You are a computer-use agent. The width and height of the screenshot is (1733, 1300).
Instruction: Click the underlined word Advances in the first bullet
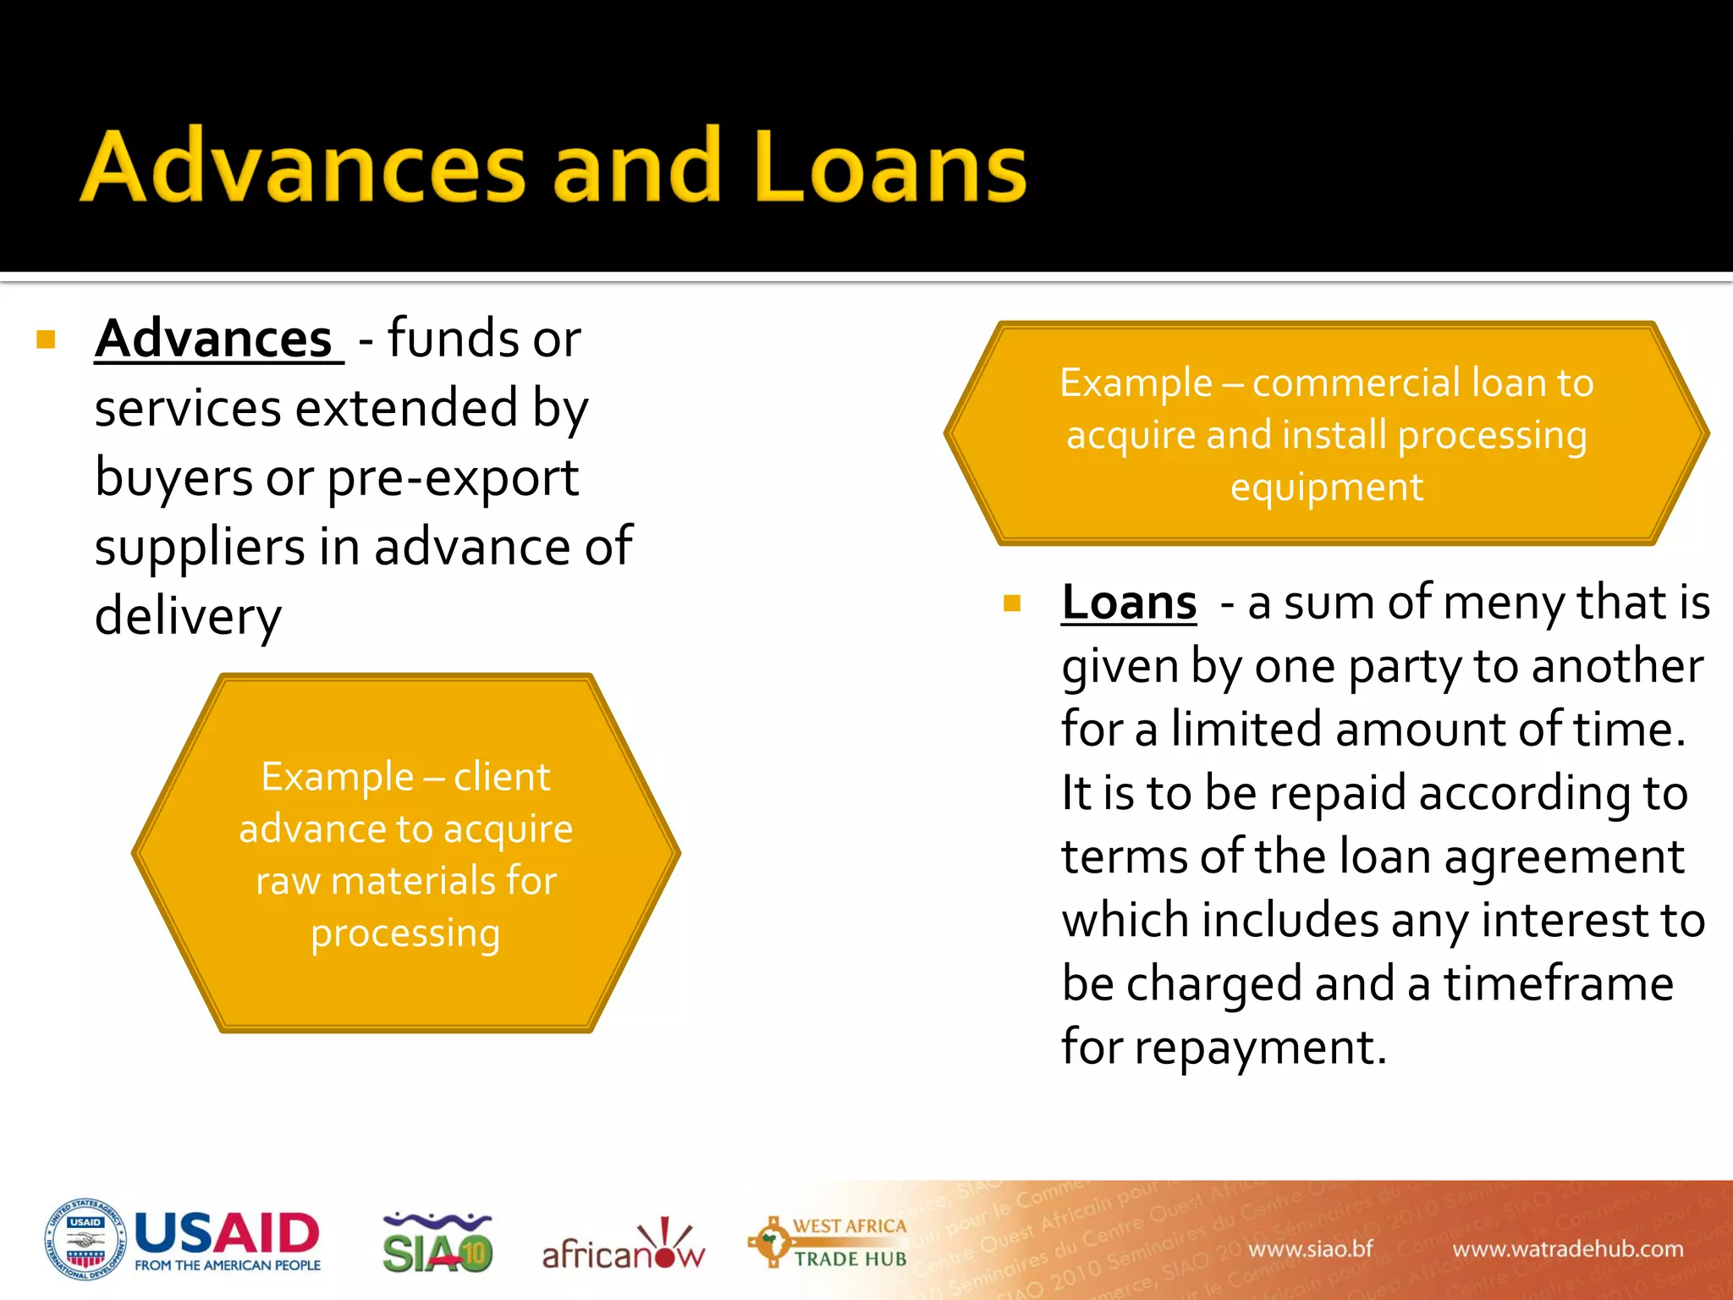(x=214, y=339)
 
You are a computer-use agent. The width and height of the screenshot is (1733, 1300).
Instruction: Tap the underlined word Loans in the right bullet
(x=1129, y=603)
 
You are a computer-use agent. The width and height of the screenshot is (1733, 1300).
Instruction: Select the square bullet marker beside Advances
(x=47, y=340)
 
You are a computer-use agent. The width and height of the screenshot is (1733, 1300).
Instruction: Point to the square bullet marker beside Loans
(x=1012, y=603)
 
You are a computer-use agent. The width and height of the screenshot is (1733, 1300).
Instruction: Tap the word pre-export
(x=453, y=478)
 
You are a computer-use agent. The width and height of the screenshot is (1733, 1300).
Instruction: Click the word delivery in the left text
(x=188, y=616)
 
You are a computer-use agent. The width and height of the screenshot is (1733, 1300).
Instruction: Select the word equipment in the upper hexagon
(x=1327, y=487)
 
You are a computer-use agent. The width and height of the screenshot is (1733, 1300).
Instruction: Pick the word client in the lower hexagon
(x=502, y=776)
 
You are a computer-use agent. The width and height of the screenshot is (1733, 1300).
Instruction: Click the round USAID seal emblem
(x=85, y=1240)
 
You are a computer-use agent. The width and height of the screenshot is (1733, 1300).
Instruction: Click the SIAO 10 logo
(x=437, y=1243)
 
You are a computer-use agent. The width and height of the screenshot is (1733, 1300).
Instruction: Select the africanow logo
(x=623, y=1247)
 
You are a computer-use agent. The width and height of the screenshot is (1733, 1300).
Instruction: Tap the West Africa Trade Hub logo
(x=828, y=1242)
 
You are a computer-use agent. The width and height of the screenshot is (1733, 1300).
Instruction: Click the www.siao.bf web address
(x=1310, y=1249)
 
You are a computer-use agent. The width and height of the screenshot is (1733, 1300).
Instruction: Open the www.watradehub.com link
(x=1567, y=1249)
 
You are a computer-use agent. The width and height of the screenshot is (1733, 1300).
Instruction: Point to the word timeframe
(x=1558, y=983)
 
